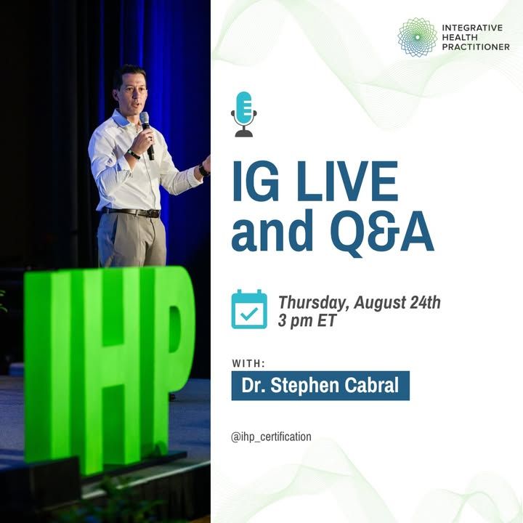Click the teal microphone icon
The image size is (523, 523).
tap(244, 114)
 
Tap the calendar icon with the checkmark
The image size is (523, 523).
tap(249, 309)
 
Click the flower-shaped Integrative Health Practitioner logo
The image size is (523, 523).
tap(417, 37)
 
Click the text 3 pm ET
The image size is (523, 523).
tap(307, 321)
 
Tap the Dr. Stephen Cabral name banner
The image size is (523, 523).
tap(320, 386)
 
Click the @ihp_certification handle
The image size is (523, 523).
tap(271, 437)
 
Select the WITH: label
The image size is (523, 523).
tap(248, 363)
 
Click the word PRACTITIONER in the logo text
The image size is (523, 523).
tap(476, 47)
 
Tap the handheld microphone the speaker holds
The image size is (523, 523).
tap(147, 135)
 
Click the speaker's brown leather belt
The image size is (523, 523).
tap(131, 212)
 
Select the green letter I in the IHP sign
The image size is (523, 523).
tap(38, 367)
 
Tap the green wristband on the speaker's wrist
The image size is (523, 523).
tap(134, 155)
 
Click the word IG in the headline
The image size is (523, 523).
tap(256, 181)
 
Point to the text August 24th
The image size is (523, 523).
tap(397, 302)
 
